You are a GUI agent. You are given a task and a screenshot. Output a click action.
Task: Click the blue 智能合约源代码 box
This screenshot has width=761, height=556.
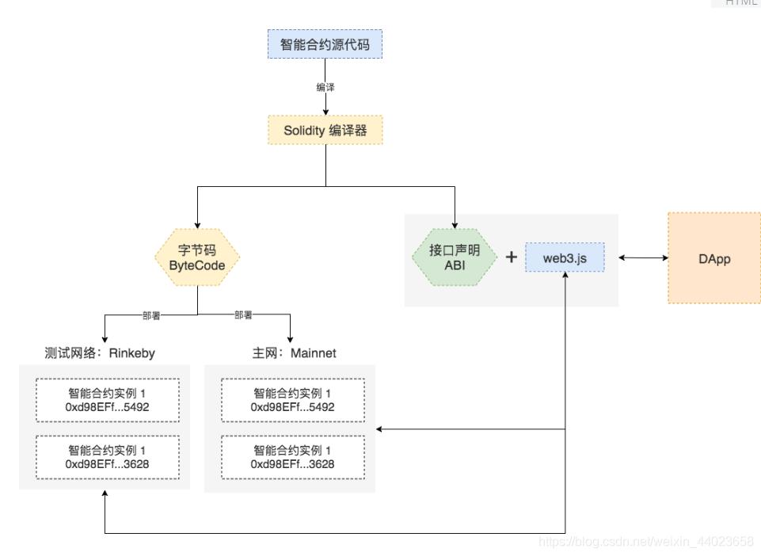[325, 45]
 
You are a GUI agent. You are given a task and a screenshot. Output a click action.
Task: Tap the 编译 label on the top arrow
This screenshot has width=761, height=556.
[325, 87]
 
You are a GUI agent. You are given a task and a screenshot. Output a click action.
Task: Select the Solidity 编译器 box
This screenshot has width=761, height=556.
[325, 131]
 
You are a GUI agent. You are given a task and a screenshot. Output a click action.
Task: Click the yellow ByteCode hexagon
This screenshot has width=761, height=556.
[196, 257]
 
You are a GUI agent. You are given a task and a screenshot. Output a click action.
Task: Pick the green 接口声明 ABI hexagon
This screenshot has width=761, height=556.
[455, 257]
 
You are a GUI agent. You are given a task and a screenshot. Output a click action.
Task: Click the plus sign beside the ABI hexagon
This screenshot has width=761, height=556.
[511, 257]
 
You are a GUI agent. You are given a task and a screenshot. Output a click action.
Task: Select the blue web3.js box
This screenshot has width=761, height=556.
[565, 258]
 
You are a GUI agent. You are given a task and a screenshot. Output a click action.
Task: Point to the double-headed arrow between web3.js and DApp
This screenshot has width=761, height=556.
[643, 258]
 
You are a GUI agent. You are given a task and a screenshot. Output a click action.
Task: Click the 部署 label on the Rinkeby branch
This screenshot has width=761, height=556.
[151, 315]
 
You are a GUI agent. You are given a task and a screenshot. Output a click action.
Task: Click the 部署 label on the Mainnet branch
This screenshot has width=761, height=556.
[244, 315]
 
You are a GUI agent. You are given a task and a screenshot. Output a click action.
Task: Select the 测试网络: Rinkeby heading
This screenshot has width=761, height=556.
[100, 353]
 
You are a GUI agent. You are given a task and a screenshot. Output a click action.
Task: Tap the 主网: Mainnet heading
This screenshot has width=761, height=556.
[294, 353]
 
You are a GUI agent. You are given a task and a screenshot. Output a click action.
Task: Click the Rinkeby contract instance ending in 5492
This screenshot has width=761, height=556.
[107, 400]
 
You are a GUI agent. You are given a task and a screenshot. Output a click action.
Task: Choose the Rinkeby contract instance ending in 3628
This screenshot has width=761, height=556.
[107, 457]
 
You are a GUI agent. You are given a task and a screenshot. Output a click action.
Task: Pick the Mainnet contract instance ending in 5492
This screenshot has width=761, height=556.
[292, 400]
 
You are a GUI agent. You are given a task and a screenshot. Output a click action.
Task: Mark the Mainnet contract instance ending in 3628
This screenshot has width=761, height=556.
[292, 457]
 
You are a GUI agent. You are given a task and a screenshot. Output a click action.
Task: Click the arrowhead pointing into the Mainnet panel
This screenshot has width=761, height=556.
[380, 429]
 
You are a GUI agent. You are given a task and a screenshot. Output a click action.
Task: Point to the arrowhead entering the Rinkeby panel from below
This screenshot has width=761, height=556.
[105, 493]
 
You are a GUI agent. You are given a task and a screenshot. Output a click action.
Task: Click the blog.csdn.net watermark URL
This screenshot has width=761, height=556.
[645, 542]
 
